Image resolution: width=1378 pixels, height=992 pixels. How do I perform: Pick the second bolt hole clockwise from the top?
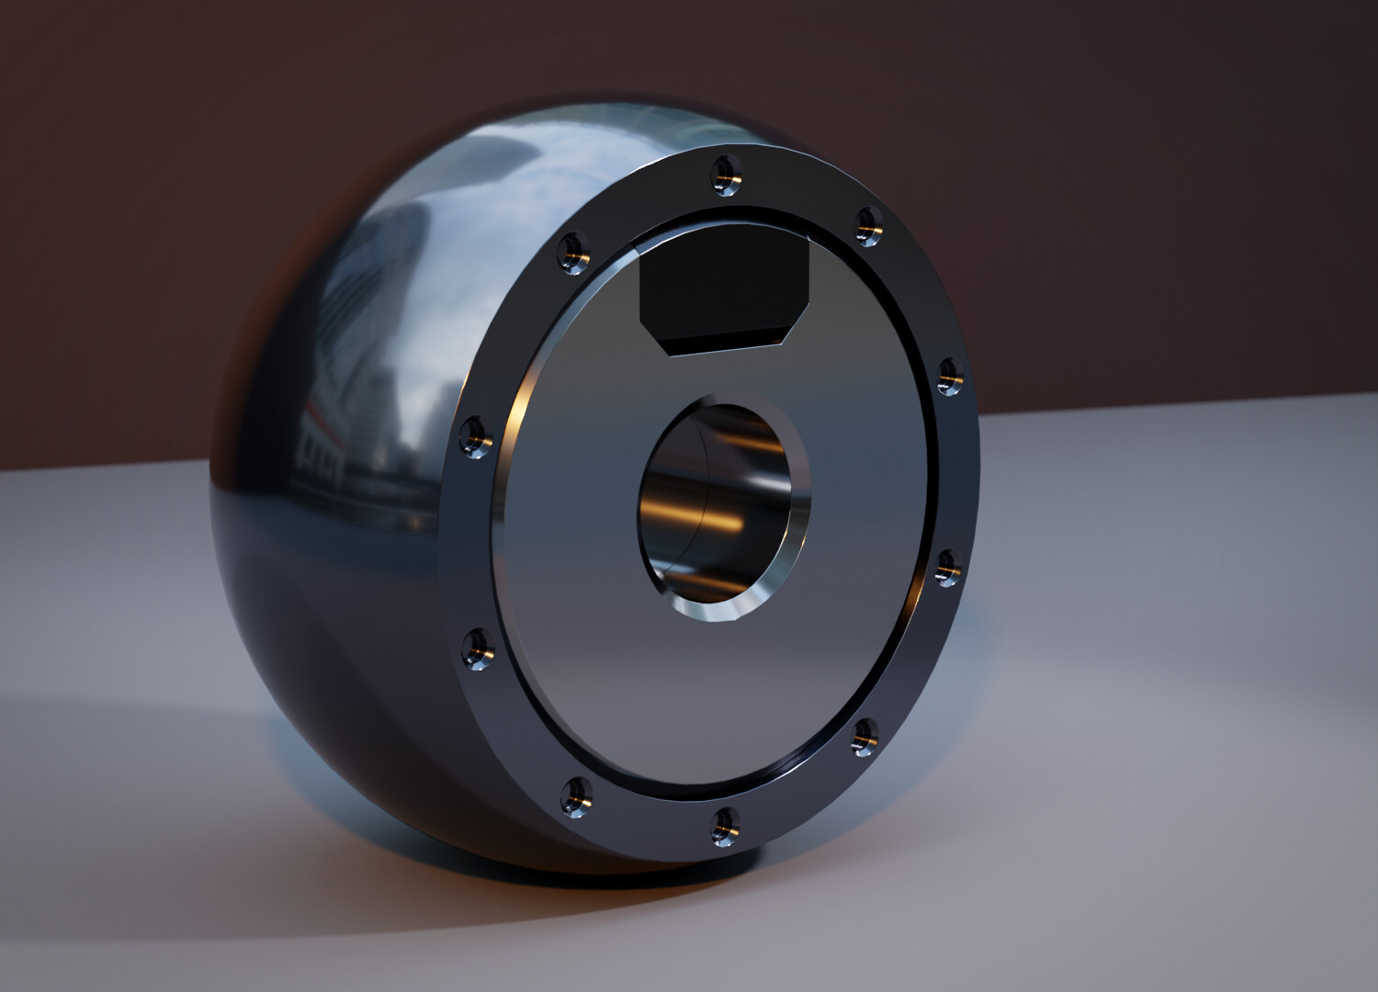(x=948, y=377)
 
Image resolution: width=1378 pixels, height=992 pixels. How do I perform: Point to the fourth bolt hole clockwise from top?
(x=864, y=736)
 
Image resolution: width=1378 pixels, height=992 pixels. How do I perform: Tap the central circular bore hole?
(x=721, y=510)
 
